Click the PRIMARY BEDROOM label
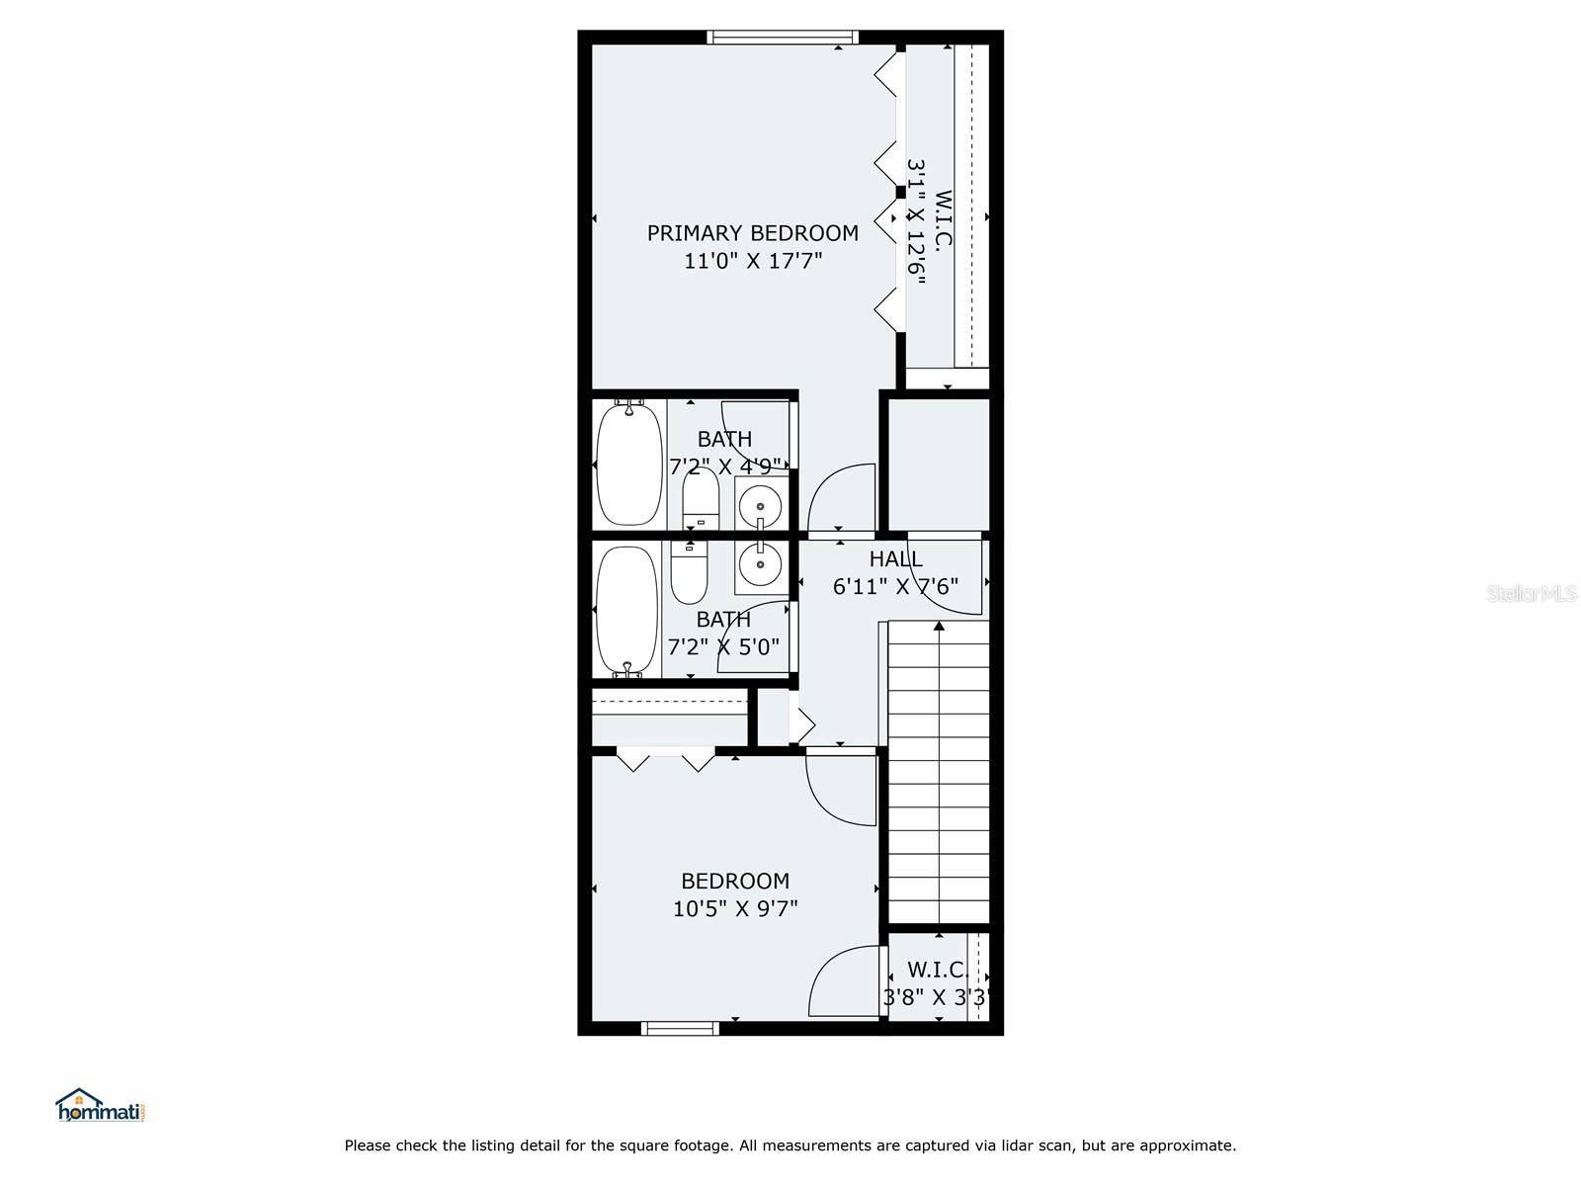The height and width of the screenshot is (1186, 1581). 752,233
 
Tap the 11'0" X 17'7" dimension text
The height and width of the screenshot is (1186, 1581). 753,262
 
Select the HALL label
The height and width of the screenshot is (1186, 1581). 895,559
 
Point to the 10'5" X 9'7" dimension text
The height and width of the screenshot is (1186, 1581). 735,908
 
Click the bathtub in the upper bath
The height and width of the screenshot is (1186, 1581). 629,463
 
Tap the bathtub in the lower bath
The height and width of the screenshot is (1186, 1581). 626,610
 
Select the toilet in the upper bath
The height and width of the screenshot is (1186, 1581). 701,498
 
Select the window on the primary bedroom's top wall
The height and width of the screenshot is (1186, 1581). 783,38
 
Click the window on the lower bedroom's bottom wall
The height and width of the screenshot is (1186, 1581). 680,1029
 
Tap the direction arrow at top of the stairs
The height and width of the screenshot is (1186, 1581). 939,625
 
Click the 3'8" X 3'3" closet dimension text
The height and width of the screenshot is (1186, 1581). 936,998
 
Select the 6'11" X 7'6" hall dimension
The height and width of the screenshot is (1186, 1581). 895,587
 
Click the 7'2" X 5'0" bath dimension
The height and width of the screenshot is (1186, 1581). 723,647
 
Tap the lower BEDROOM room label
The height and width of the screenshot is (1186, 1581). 735,881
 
